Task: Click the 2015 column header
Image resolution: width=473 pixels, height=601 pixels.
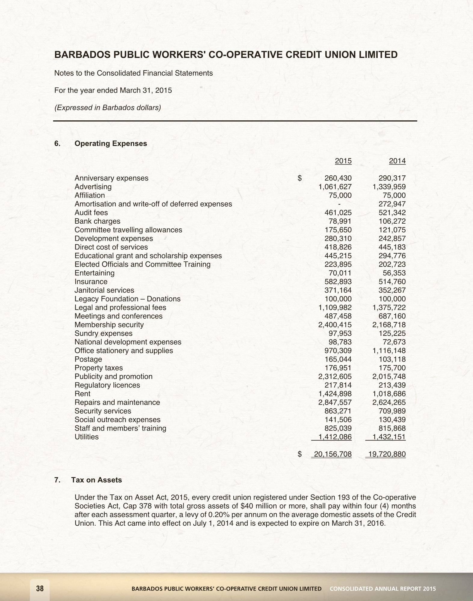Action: click(343, 161)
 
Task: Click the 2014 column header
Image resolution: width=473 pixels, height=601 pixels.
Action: click(397, 161)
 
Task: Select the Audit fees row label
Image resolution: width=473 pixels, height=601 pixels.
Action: click(91, 213)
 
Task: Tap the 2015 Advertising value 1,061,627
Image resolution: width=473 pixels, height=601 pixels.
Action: click(335, 187)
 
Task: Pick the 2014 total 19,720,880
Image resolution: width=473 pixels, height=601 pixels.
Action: click(387, 454)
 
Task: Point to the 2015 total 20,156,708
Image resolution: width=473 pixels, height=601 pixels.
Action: click(333, 454)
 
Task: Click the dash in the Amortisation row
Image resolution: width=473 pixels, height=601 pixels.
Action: click(339, 204)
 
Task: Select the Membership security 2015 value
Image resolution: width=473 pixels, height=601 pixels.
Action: click(335, 325)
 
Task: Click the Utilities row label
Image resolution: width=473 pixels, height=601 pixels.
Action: click(87, 437)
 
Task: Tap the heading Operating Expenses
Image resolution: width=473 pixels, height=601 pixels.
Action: click(111, 143)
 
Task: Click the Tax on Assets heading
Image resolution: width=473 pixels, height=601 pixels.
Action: click(97, 480)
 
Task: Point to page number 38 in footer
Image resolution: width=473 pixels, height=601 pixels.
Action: click(40, 589)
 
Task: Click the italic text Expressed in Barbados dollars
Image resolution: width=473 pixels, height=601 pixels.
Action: click(107, 107)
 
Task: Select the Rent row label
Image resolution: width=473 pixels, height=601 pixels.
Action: click(82, 394)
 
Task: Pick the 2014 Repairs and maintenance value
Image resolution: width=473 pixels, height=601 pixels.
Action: click(389, 402)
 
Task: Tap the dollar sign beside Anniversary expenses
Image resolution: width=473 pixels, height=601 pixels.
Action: click(299, 178)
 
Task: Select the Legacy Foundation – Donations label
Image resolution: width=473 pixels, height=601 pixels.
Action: click(127, 299)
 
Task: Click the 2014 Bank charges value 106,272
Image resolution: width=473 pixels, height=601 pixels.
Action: click(392, 221)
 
